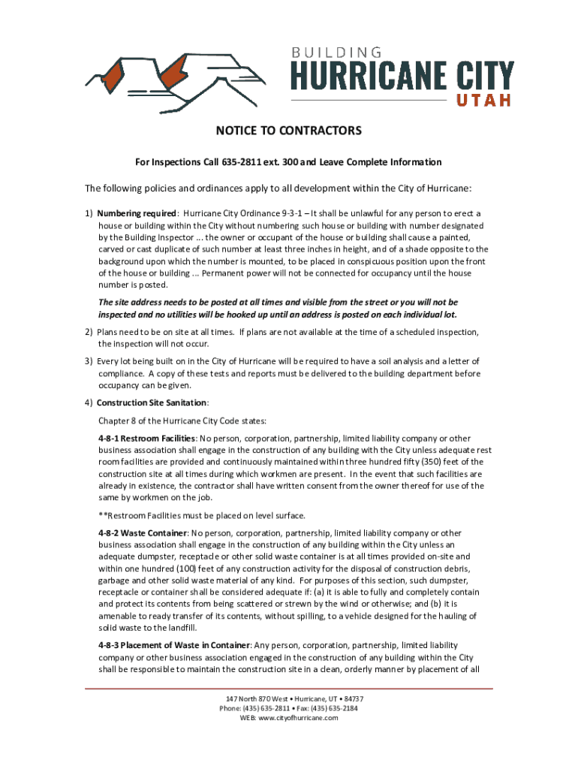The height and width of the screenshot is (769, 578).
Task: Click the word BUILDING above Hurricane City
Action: click(337, 53)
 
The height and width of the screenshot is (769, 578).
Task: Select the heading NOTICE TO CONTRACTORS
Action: click(289, 131)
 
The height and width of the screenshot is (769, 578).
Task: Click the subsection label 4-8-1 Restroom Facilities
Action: click(146, 438)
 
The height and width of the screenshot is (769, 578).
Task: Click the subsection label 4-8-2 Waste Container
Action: click(142, 532)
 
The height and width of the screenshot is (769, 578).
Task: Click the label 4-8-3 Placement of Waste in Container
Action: click(173, 645)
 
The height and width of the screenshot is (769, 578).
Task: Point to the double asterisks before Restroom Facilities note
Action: click(103, 515)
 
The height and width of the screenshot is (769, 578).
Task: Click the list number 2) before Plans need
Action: click(89, 332)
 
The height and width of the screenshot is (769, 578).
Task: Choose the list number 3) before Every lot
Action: click(89, 361)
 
